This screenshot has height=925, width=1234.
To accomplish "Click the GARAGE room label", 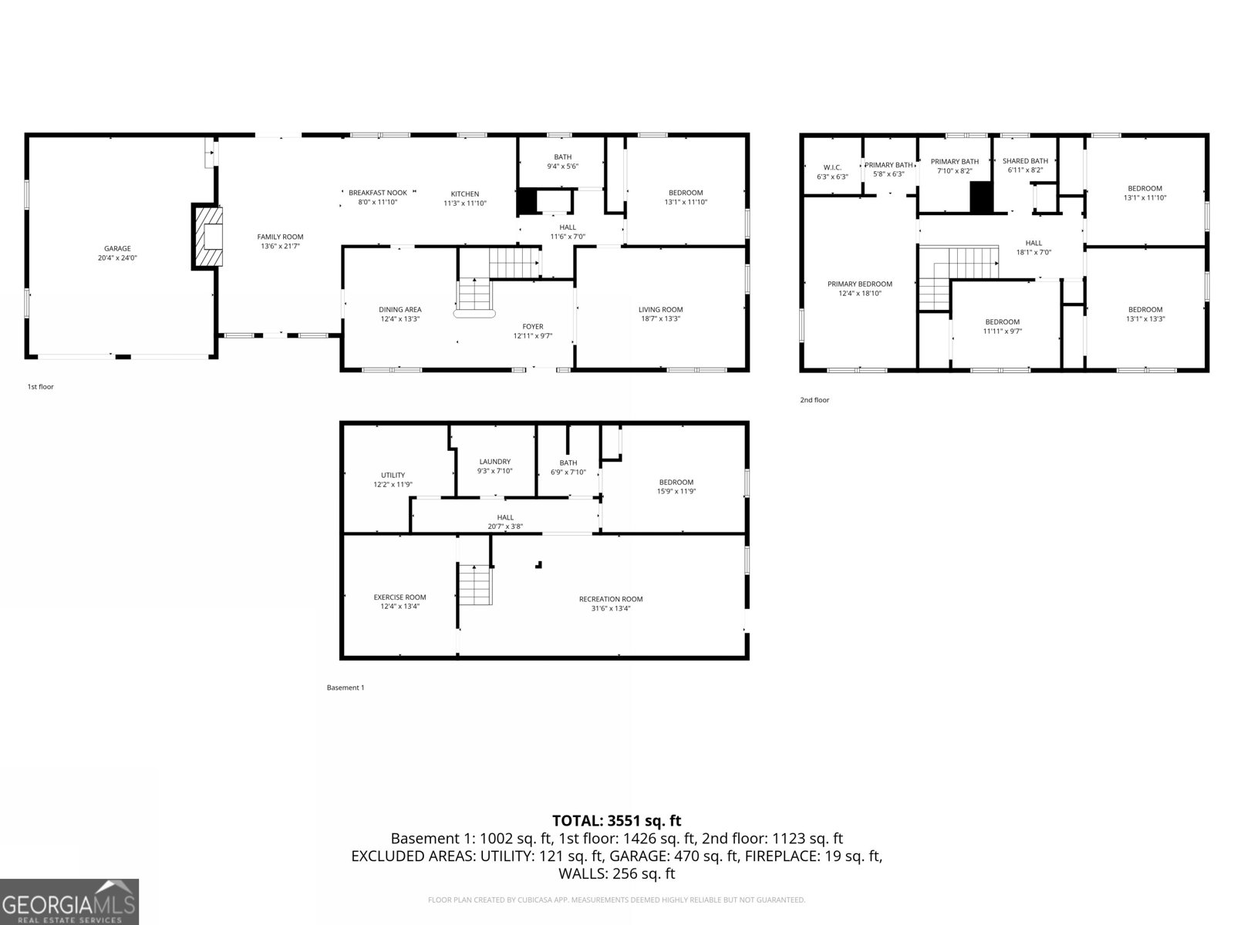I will tap(117, 249).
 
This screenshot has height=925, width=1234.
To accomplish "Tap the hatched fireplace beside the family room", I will tap(207, 237).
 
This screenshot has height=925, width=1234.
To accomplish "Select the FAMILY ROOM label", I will tap(280, 237).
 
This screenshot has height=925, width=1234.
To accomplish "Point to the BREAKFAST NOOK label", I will tap(377, 193).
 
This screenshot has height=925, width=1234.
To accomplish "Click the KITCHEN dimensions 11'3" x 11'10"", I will tap(465, 203).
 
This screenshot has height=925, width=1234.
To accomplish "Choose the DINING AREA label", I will tap(400, 310).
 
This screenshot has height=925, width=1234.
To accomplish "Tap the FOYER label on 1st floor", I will tap(533, 327).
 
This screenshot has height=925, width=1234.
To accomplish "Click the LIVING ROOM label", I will tap(660, 310).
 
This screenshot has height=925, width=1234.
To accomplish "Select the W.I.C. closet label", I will tap(832, 167).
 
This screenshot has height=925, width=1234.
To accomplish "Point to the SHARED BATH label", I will tap(1025, 161).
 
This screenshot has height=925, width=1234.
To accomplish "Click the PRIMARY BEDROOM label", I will tap(859, 284).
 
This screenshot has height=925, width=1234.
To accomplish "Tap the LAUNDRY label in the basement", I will tap(494, 462).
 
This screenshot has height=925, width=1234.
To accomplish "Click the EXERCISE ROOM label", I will tap(400, 597).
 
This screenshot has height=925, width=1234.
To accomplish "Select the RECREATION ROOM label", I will tap(611, 599).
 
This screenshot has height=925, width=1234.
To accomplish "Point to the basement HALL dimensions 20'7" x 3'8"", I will tap(505, 526).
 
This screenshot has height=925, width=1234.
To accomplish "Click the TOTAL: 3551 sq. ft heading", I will tap(616, 821).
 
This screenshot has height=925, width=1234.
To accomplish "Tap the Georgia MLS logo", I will tap(69, 902).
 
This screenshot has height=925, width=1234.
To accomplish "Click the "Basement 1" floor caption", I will tap(346, 688).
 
